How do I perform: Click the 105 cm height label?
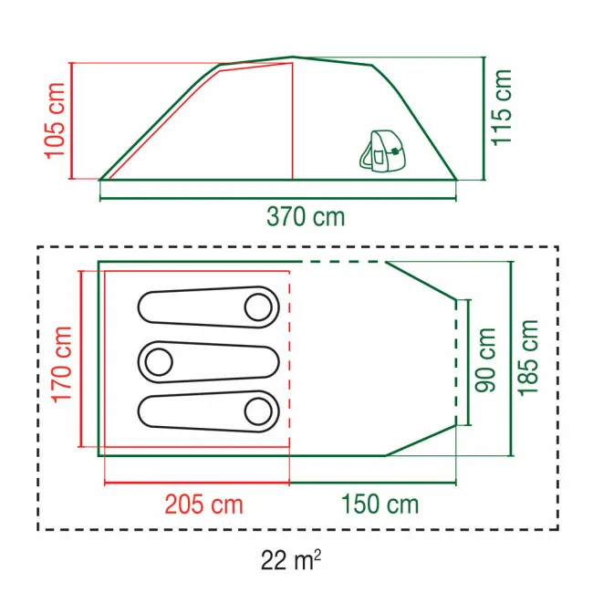click(56, 120)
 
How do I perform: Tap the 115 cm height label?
click(501, 108)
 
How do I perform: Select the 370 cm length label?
click(306, 217)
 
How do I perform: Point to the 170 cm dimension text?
click(62, 364)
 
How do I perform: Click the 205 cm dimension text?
click(203, 505)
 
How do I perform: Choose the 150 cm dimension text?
click(380, 505)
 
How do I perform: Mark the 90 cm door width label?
click(485, 360)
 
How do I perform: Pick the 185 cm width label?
click(528, 358)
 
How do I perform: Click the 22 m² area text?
click(290, 560)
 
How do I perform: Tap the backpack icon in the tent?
click(381, 151)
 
